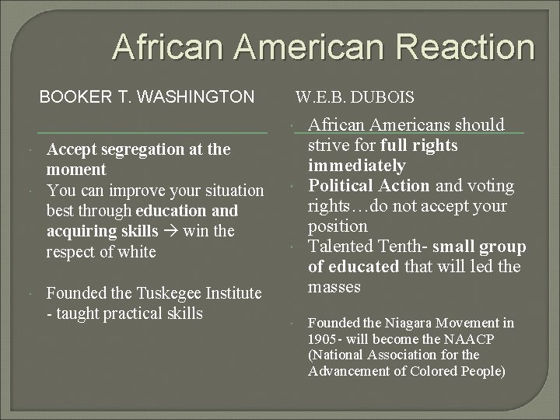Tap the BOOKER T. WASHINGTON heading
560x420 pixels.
coord(147,97)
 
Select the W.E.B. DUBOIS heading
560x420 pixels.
coord(354,98)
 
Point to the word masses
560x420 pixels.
coord(334,287)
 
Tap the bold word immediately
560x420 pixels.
coord(357,166)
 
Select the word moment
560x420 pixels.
coord(76,170)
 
